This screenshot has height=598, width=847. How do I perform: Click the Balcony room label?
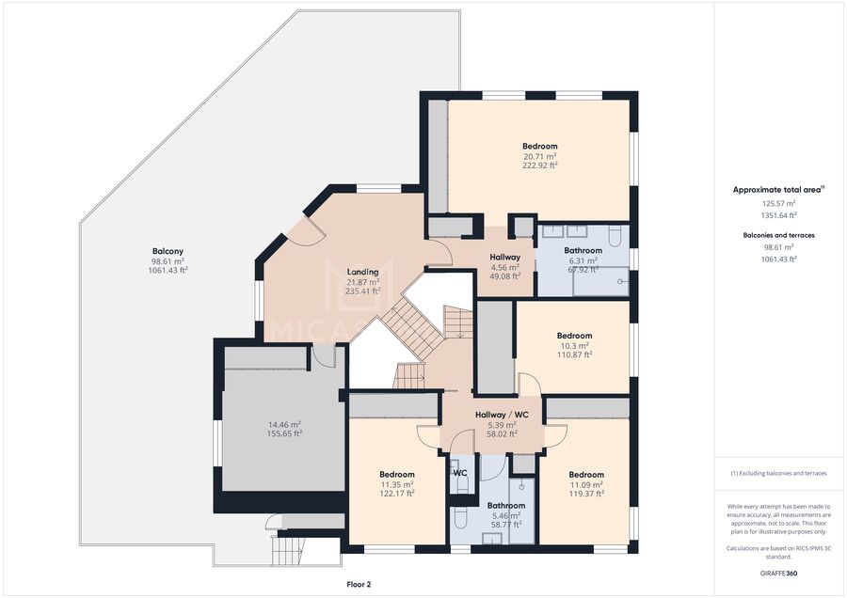(168, 251)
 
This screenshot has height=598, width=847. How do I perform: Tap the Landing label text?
(362, 272)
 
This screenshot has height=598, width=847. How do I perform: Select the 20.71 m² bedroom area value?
(539, 156)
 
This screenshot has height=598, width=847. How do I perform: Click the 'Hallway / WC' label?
(502, 415)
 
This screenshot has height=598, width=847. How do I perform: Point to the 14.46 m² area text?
(284, 424)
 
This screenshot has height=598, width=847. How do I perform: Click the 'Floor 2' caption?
(359, 584)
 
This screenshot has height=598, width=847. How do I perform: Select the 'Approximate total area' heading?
(778, 190)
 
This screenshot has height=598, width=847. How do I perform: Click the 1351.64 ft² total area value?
(778, 215)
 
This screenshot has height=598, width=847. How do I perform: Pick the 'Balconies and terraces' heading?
(778, 235)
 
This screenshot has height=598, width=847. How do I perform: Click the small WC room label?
(460, 473)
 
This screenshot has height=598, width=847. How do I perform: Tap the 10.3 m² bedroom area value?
(574, 346)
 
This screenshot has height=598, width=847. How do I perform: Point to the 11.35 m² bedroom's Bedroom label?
(397, 475)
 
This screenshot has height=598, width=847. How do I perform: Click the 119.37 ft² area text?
(586, 494)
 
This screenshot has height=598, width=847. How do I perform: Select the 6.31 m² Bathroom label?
(583, 250)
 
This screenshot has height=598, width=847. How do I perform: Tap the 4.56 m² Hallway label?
(505, 258)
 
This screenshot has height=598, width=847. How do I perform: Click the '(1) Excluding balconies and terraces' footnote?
(778, 473)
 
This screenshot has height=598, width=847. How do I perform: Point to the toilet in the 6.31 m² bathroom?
(615, 235)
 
